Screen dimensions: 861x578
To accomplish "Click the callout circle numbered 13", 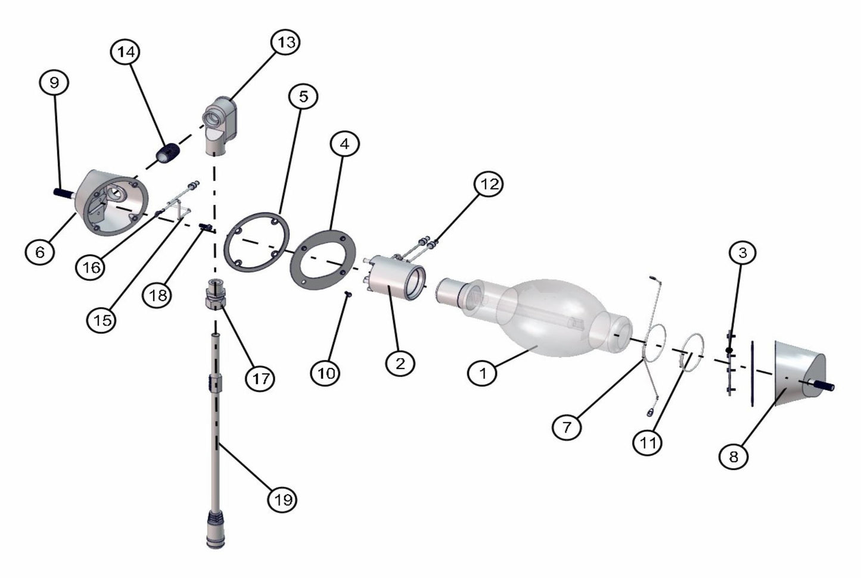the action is click(285, 42).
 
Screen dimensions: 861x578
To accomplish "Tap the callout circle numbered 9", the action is click(54, 82).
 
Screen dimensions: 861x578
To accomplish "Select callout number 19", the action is click(282, 499).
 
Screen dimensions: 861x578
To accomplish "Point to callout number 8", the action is click(733, 457).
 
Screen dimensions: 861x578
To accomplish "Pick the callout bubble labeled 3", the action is click(742, 253).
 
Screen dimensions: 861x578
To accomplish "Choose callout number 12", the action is click(489, 185).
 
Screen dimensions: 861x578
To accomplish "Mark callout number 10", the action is click(325, 373).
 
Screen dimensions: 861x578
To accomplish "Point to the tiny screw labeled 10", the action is click(348, 294).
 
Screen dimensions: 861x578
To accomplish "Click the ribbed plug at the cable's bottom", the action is click(216, 529).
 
